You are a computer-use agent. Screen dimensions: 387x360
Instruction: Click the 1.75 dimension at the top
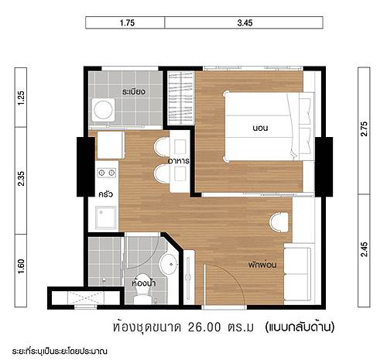(x=127, y=23)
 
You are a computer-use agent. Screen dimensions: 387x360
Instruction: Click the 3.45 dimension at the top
(x=245, y=23)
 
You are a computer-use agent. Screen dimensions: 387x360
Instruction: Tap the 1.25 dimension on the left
(x=21, y=98)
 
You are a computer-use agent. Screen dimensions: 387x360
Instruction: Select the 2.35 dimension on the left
(x=21, y=178)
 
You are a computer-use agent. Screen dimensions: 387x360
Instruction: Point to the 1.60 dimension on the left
(x=21, y=266)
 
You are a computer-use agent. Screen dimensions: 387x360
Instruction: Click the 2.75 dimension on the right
(x=364, y=129)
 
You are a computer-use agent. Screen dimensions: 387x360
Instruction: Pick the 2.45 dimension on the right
(x=364, y=249)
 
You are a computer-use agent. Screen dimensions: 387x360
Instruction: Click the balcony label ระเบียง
(x=134, y=91)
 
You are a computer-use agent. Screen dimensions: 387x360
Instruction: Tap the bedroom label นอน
(x=260, y=128)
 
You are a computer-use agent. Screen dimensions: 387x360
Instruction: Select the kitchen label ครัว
(x=106, y=194)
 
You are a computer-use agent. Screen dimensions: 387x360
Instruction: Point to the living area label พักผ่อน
(x=262, y=265)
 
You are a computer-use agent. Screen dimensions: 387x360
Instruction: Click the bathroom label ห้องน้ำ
(x=144, y=283)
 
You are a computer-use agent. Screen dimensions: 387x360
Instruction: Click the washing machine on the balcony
(x=103, y=110)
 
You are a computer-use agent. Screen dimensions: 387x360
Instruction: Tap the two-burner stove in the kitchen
(x=107, y=173)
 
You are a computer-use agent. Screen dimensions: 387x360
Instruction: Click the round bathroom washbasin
(x=169, y=264)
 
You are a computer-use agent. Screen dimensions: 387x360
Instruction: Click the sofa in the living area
(x=297, y=274)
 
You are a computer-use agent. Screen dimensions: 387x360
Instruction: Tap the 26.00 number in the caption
(x=204, y=327)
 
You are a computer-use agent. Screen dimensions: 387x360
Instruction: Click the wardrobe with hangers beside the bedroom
(x=180, y=98)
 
